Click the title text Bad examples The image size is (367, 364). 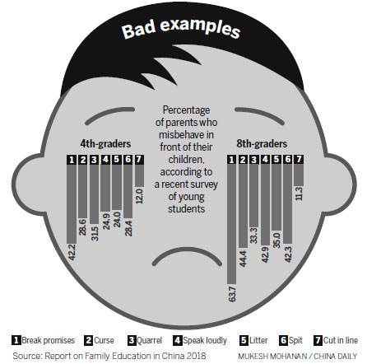click(181, 28)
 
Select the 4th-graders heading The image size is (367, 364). click(105, 143)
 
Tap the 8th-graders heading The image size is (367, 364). click(262, 143)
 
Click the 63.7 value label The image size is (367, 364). click(232, 294)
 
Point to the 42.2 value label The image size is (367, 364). click(72, 252)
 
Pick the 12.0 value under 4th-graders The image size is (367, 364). click(139, 196)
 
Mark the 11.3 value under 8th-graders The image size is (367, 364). click(299, 194)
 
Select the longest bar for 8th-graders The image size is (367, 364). click(232, 224)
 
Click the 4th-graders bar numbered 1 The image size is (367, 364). click(72, 203)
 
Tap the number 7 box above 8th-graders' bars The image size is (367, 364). click(299, 159)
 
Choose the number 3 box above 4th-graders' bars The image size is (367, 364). click(94, 160)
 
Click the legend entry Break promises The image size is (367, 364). click(44, 341)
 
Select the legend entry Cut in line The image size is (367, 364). click(336, 341)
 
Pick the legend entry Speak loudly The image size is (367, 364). click(200, 341)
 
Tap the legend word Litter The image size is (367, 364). click(258, 340)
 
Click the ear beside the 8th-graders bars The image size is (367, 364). click(340, 184)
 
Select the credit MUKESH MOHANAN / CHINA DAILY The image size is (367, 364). click(298, 357)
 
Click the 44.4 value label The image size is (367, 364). click(243, 259)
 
